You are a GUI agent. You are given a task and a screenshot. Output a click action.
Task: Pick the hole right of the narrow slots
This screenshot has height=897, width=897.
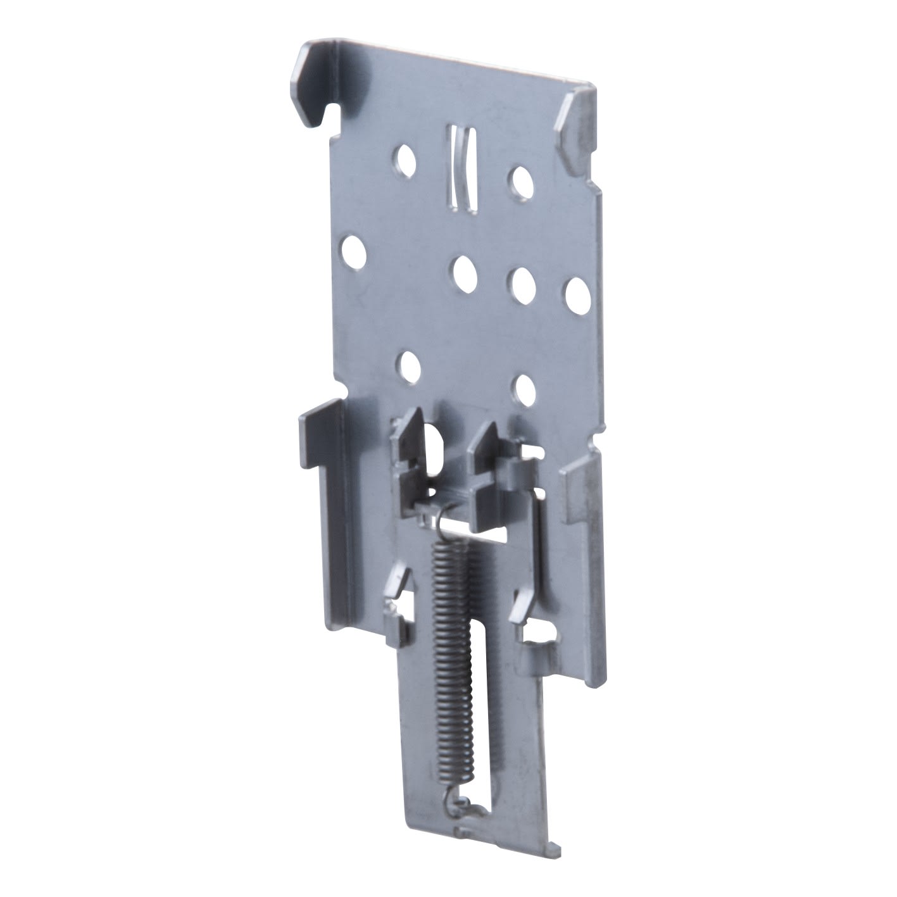coord(522,180)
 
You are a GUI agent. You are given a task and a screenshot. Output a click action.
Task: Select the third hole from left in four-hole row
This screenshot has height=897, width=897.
coord(523,284)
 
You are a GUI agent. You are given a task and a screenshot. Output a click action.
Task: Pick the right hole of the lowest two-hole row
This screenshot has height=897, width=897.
coord(526,390)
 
